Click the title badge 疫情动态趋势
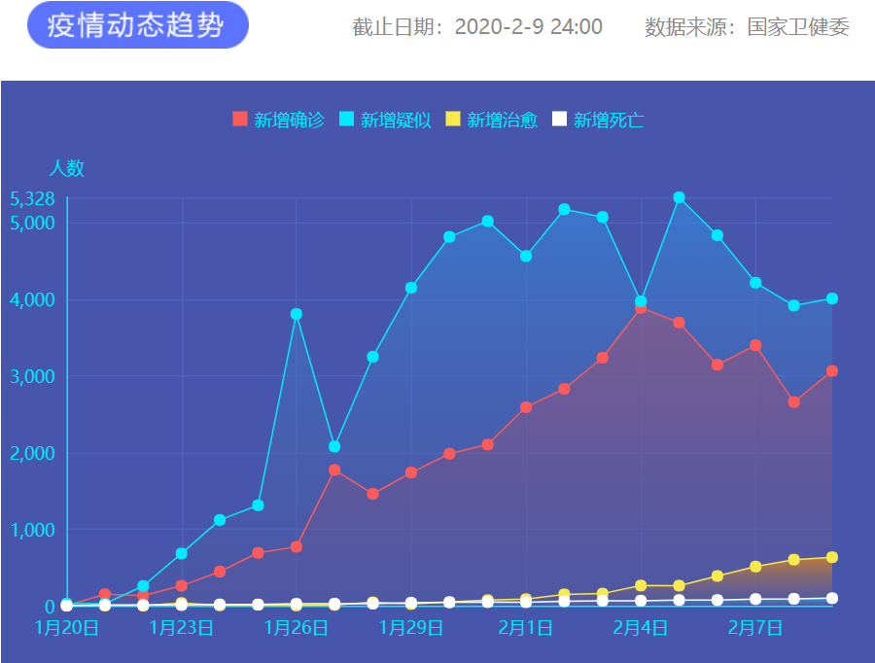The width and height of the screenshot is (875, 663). tap(137, 25)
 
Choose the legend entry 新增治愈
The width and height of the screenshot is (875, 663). tap(492, 120)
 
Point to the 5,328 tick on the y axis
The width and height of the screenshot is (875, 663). tap(32, 198)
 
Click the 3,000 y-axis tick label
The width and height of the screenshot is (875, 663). tap(32, 376)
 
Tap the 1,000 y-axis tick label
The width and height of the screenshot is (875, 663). tap(32, 530)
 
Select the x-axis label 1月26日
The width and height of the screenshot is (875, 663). tap(296, 628)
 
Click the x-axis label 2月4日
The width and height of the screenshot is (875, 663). tap(640, 628)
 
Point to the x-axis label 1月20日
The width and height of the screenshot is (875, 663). tap(66, 628)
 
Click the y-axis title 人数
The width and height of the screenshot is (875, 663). tap(67, 168)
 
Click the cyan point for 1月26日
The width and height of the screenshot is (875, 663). tap(297, 314)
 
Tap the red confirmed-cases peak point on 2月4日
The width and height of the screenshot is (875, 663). tap(641, 308)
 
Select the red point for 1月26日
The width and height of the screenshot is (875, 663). tap(297, 546)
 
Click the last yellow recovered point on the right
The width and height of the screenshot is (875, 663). tap(832, 557)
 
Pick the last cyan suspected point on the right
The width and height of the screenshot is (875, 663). tap(832, 298)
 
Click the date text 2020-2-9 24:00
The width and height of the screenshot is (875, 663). tap(528, 27)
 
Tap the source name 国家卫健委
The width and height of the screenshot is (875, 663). tap(798, 27)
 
